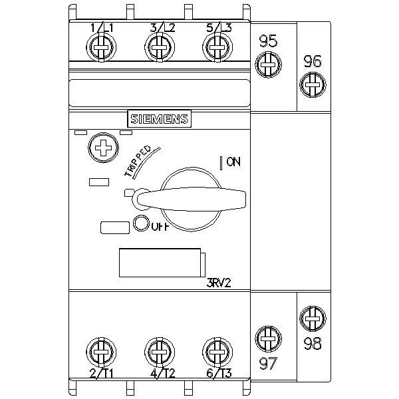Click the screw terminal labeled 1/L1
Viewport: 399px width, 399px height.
(100, 47)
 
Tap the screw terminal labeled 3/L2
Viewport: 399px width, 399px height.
(158, 47)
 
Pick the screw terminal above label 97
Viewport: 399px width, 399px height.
(268, 338)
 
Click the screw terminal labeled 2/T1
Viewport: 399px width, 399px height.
(100, 350)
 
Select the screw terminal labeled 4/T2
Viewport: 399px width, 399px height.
(158, 350)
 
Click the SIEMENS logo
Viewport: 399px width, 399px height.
(159, 119)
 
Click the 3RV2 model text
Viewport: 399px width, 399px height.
(219, 281)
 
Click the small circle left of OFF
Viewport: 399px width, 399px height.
(141, 224)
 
